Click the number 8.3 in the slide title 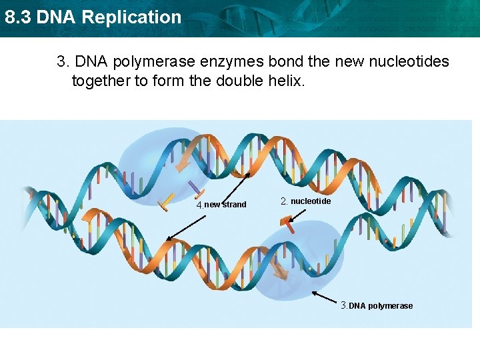click(17, 17)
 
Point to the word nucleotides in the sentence click(409, 62)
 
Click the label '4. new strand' click(221, 204)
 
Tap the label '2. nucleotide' click(305, 201)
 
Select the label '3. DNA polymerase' click(377, 305)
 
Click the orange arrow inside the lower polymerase click(280, 269)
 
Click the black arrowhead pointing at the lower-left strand click(168, 238)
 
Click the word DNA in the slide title click(56, 17)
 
